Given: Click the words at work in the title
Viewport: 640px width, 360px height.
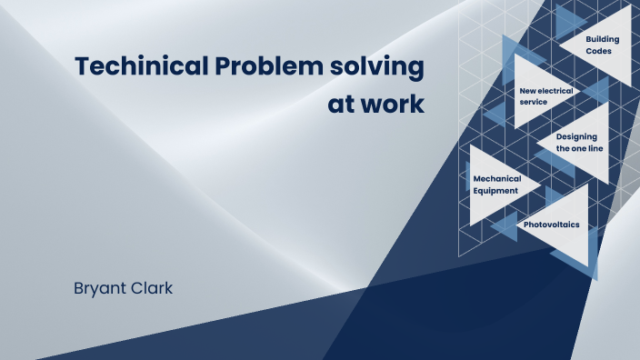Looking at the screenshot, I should click(x=375, y=104).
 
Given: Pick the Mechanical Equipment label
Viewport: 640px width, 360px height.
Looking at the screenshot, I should click(x=495, y=185).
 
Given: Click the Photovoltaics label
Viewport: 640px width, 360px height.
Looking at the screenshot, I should click(x=552, y=224).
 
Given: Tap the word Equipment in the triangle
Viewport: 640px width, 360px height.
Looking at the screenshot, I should click(x=495, y=191).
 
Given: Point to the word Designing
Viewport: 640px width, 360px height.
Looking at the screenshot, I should click(x=576, y=136).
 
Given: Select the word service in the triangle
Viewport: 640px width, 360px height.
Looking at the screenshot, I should click(x=534, y=103).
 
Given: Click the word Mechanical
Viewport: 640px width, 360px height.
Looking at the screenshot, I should click(x=496, y=178).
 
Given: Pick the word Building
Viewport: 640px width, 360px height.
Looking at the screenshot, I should click(x=602, y=40).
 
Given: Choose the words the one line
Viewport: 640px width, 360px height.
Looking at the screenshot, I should click(x=580, y=148).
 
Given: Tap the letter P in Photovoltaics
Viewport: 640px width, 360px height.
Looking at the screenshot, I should click(x=526, y=224).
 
